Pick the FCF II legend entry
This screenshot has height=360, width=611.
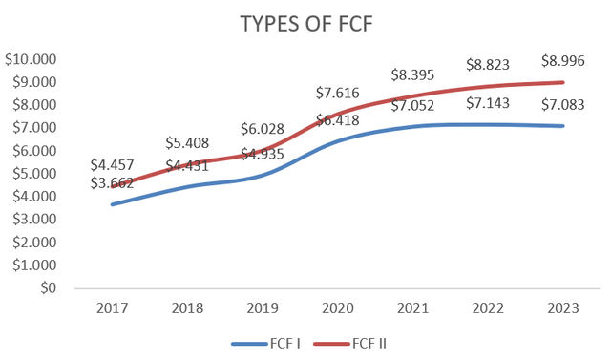click(364, 341)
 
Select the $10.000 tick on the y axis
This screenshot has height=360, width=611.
click(32, 59)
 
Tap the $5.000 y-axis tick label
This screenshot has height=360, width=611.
click(35, 174)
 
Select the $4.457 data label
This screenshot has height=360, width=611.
click(114, 163)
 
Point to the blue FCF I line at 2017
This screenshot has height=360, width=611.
click(114, 204)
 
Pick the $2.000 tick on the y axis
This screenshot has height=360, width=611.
click(35, 243)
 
